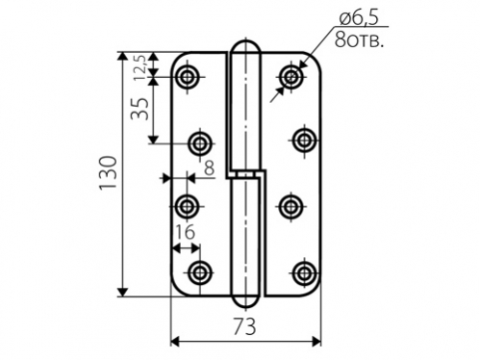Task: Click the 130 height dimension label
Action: point(108,173)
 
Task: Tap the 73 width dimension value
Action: point(244,326)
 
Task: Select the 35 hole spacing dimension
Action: point(140,109)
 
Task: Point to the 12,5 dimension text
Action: point(140,67)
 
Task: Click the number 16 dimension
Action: point(184,232)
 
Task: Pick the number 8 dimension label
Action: point(210,167)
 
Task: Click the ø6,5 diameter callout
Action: point(359,17)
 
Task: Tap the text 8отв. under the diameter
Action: point(359,40)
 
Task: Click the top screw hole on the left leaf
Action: point(187,77)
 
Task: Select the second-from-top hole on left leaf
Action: point(201,143)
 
